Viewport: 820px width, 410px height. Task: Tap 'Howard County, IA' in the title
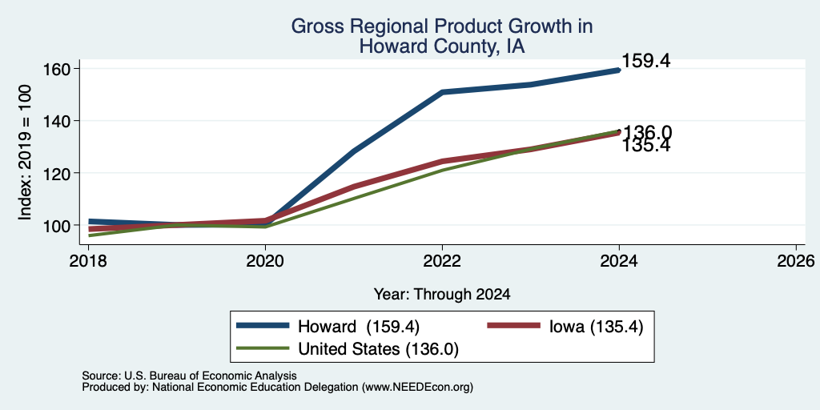[442, 47]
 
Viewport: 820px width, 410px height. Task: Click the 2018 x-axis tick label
[88, 260]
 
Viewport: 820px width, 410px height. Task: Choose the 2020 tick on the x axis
[265, 260]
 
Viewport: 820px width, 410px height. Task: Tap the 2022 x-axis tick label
[442, 260]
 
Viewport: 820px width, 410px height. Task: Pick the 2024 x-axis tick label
[619, 260]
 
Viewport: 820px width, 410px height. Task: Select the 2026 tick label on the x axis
[796, 260]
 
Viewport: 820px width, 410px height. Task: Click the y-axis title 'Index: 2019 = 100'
[25, 152]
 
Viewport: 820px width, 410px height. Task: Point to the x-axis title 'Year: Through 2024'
[442, 295]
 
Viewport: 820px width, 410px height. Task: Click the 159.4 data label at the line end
[646, 61]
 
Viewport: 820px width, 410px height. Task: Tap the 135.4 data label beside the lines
[646, 147]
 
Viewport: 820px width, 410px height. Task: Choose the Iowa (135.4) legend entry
[565, 326]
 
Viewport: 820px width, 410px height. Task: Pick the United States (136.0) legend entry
[348, 348]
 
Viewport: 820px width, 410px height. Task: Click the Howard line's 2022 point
[442, 92]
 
